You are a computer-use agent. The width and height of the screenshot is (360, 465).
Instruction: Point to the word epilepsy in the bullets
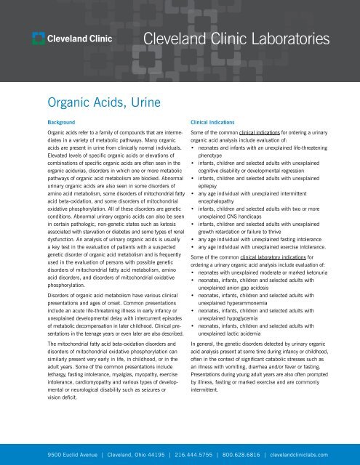[x=211, y=183]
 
